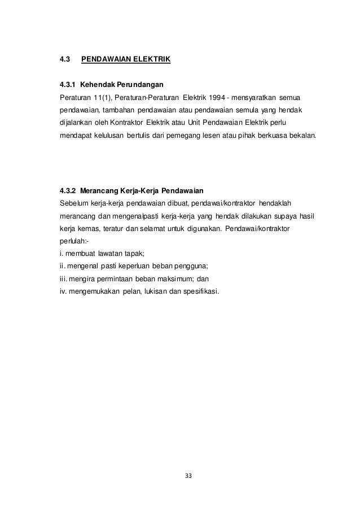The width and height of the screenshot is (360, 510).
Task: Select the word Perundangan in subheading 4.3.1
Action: tap(139, 85)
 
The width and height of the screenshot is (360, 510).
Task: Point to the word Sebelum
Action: tap(73, 202)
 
